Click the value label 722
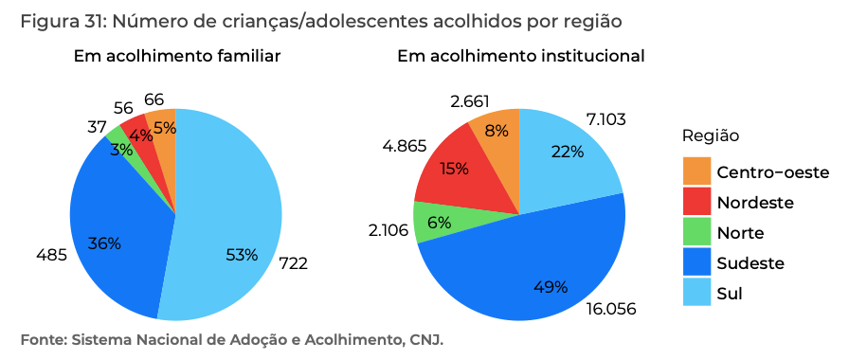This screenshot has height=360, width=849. (x=293, y=262)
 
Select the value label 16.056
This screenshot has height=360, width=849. (x=610, y=309)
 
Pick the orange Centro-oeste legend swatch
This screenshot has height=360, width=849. (x=696, y=172)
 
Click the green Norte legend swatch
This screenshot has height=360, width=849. (x=696, y=232)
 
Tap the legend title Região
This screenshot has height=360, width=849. (x=711, y=136)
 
